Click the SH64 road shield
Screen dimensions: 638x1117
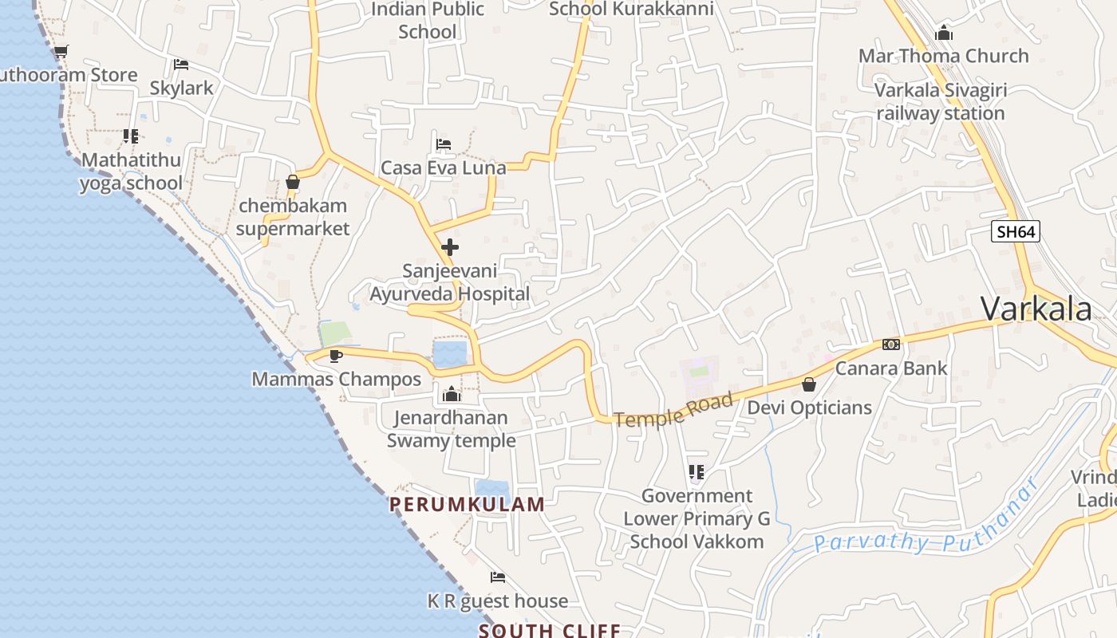1016,232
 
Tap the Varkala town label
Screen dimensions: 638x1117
1036,309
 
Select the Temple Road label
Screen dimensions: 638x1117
674,410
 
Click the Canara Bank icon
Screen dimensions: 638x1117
891,345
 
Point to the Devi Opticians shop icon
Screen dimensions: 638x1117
809,384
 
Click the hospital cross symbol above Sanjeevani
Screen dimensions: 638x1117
450,247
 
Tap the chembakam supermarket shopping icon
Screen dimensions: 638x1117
293,182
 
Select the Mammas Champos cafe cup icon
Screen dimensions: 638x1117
336,356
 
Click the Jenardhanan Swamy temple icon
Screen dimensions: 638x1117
452,394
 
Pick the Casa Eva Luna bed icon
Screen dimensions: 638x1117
444,144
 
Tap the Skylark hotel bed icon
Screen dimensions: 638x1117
181,65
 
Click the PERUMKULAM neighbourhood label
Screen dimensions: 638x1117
467,504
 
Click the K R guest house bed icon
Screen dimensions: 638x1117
498,577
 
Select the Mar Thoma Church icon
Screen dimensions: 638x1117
944,33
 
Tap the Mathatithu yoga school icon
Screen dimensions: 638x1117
131,136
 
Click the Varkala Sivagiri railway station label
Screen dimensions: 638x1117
941,101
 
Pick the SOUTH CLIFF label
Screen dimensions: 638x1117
549,631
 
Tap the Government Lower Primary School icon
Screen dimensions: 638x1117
697,472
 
